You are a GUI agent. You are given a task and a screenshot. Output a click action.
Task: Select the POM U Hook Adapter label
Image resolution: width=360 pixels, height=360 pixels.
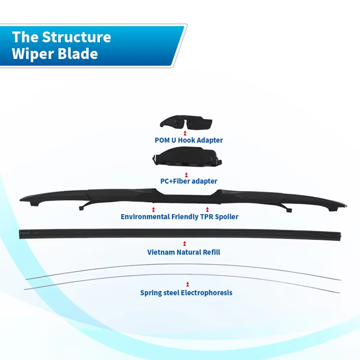point(189,140)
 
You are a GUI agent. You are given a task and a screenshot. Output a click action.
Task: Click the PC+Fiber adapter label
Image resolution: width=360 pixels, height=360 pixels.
point(189,181)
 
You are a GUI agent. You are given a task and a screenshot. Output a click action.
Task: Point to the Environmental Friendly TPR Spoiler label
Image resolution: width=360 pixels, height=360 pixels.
point(180,216)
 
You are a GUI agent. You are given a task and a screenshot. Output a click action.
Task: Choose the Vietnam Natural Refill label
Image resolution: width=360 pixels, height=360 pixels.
point(184,252)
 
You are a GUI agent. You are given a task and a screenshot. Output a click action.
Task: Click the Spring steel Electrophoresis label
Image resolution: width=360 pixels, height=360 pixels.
point(186,292)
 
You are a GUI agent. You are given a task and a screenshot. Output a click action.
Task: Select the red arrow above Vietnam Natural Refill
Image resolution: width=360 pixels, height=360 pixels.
point(184,243)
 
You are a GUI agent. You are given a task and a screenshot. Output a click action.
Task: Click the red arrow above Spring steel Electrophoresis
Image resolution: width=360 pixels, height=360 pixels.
point(187,284)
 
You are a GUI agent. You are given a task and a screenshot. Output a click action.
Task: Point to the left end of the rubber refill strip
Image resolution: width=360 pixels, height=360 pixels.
point(21,234)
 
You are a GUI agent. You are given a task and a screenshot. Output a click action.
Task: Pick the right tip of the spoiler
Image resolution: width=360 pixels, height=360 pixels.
point(344,205)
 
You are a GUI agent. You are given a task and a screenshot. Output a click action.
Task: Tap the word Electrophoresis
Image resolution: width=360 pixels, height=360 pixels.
point(206,292)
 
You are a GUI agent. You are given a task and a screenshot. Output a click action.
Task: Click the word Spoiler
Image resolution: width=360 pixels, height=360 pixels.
point(226,216)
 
